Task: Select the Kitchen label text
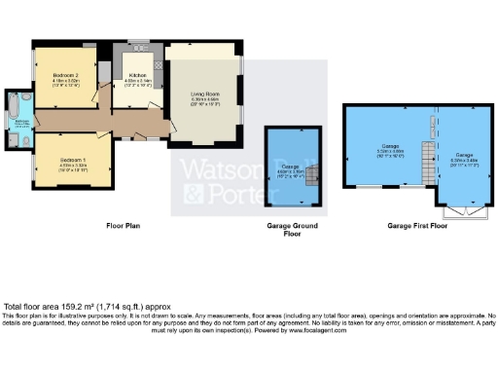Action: pyautogui.click(x=134, y=75)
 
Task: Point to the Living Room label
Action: pyautogui.click(x=205, y=93)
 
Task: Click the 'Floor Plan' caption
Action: pyautogui.click(x=124, y=225)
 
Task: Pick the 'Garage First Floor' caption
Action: pyautogui.click(x=416, y=225)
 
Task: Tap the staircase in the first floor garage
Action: pyautogui.click(x=425, y=160)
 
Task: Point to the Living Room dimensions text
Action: pyautogui.click(x=205, y=101)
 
